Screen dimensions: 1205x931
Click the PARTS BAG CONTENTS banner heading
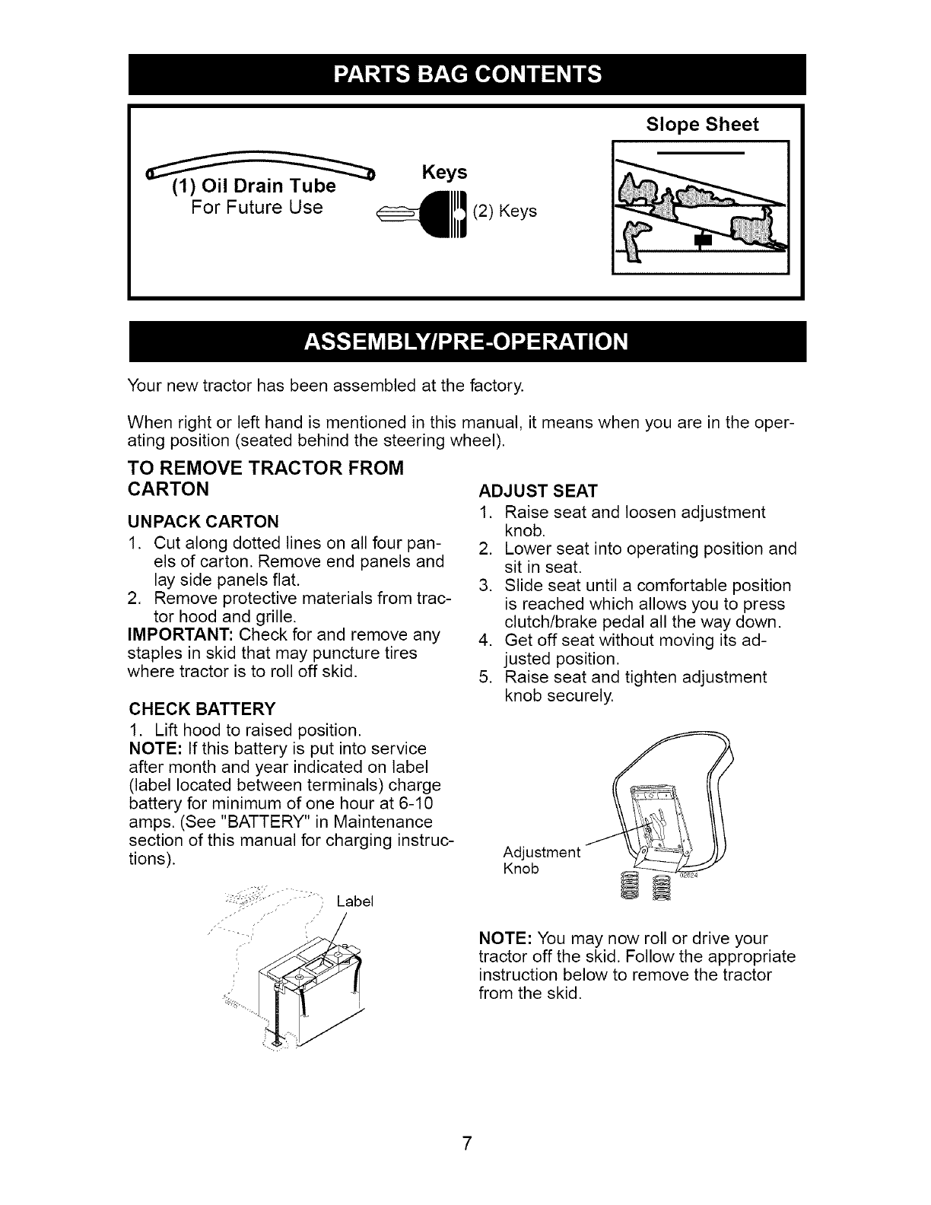[x=466, y=75]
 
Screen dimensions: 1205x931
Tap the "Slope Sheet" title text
[x=701, y=125]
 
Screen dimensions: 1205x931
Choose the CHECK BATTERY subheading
[x=202, y=710]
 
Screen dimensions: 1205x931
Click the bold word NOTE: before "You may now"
[x=500, y=938]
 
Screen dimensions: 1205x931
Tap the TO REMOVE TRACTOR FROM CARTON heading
[x=265, y=477]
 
